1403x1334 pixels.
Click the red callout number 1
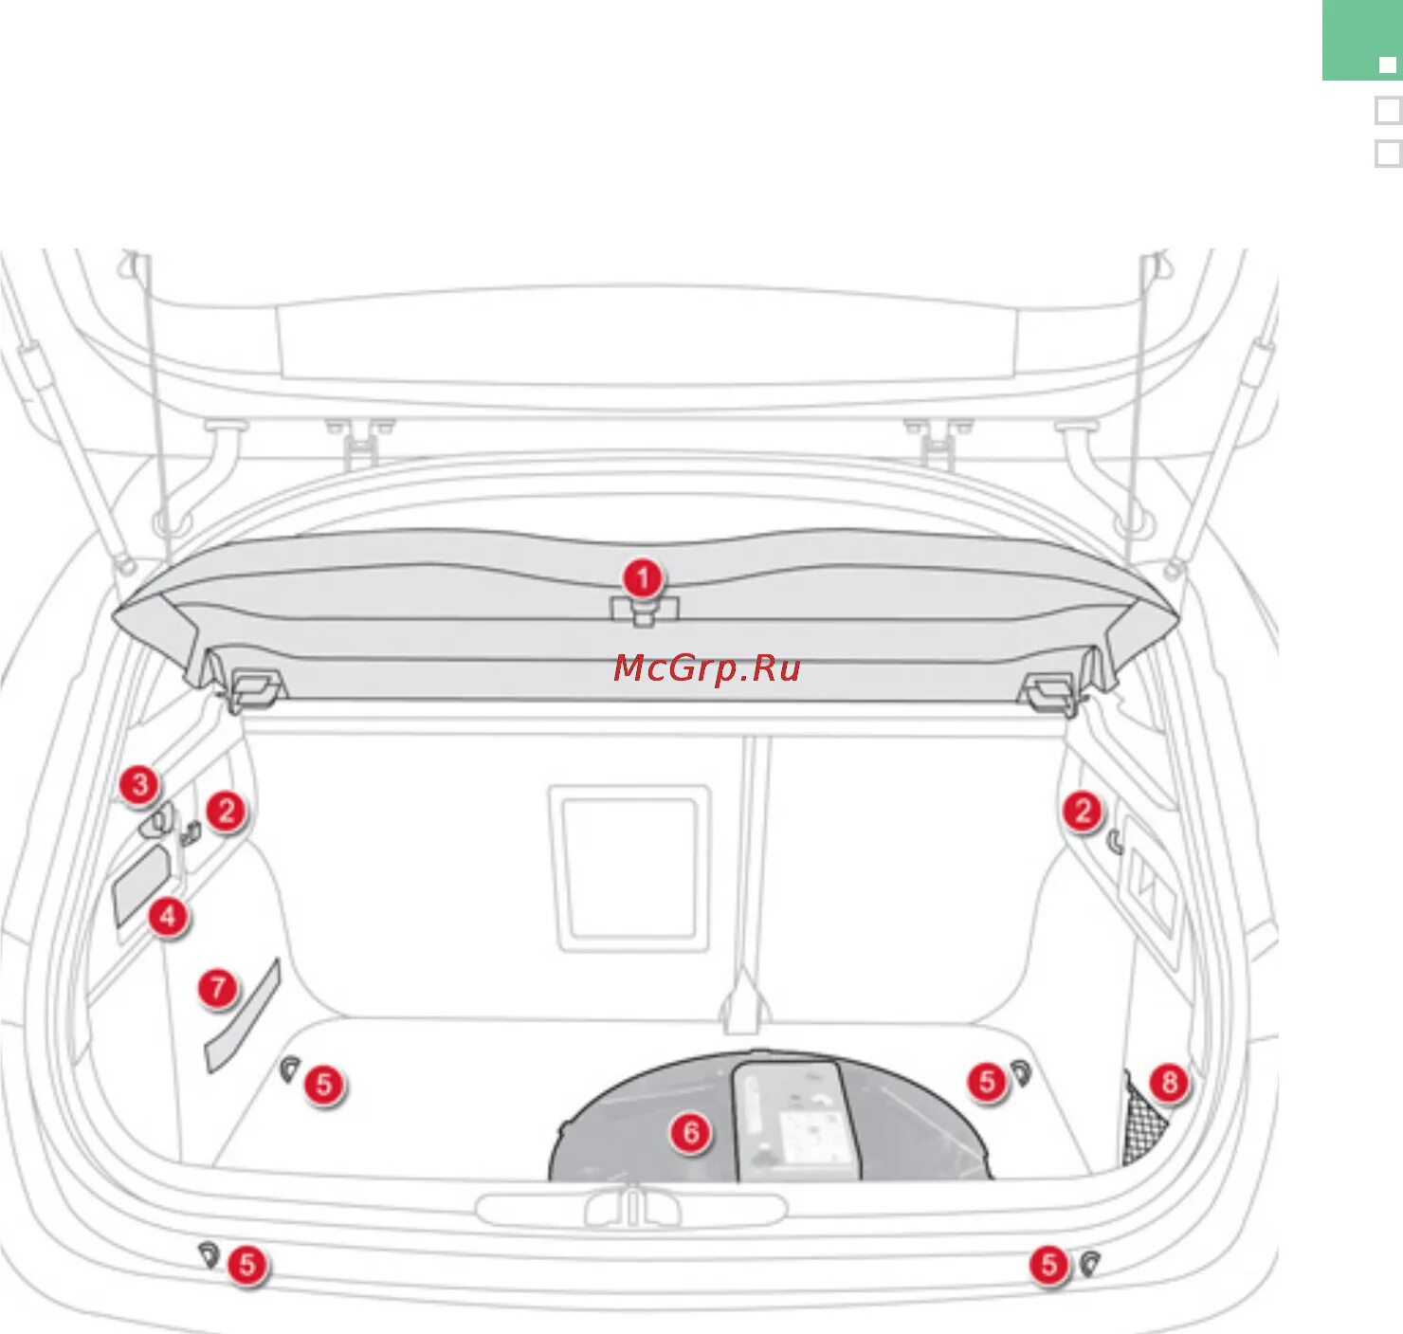pos(643,577)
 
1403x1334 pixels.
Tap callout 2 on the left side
pos(226,811)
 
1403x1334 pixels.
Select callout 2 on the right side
pos(1082,811)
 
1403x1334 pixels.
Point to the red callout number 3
pos(139,785)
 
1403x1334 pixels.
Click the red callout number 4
pos(168,917)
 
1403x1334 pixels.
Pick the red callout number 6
pos(690,1132)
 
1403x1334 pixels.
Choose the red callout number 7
pos(217,988)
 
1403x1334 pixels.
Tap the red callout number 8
pos(1169,1082)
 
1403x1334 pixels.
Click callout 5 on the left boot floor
pos(324,1084)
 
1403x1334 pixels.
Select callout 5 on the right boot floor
pos(987,1081)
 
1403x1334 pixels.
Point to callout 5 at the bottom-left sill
pos(247,1264)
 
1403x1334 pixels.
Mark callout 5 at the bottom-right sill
pos(1048,1264)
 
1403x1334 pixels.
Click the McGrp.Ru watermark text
pos(707,668)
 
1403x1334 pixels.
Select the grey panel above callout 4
pos(142,884)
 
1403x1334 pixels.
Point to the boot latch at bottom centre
pos(631,1207)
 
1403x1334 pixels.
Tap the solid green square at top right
pos(1361,40)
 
